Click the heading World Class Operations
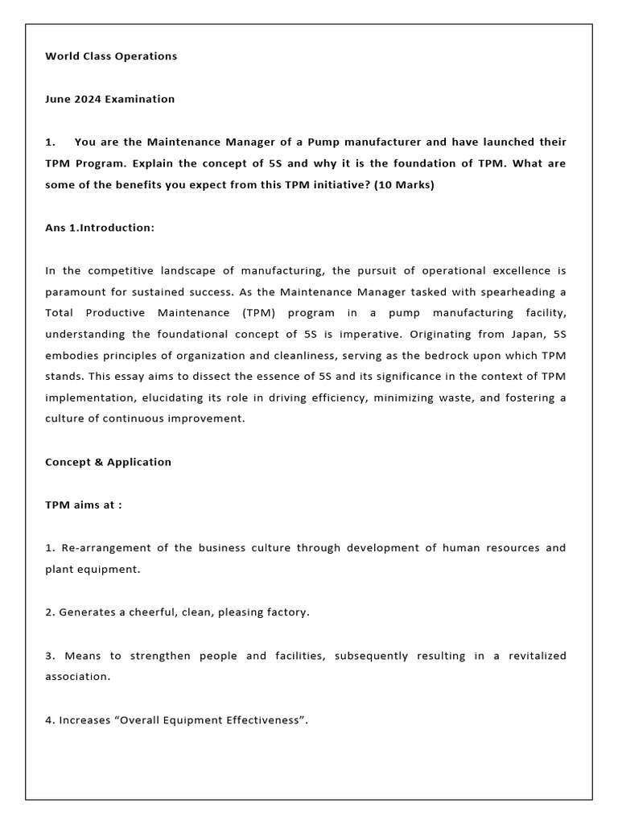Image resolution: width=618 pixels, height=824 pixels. (111, 56)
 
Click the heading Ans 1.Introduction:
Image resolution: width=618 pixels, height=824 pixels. (100, 228)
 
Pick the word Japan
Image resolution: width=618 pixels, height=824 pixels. (527, 333)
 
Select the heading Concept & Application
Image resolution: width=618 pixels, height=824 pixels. (108, 462)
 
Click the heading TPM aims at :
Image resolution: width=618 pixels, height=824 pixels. (84, 505)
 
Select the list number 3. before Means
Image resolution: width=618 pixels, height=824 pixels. (50, 656)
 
